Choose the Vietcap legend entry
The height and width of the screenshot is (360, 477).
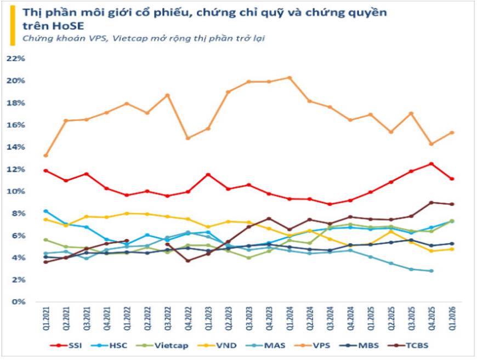pyautogui.click(x=168, y=345)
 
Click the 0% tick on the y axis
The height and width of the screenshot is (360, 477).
pyautogui.click(x=21, y=302)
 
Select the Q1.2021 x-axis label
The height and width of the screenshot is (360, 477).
pyautogui.click(x=46, y=317)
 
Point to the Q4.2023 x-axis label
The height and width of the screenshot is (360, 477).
pyautogui.click(x=269, y=317)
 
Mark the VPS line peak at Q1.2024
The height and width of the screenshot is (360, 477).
pyautogui.click(x=289, y=78)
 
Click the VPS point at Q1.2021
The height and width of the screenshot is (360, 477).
pyautogui.click(x=46, y=156)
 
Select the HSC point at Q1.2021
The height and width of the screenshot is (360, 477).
pyautogui.click(x=46, y=211)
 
